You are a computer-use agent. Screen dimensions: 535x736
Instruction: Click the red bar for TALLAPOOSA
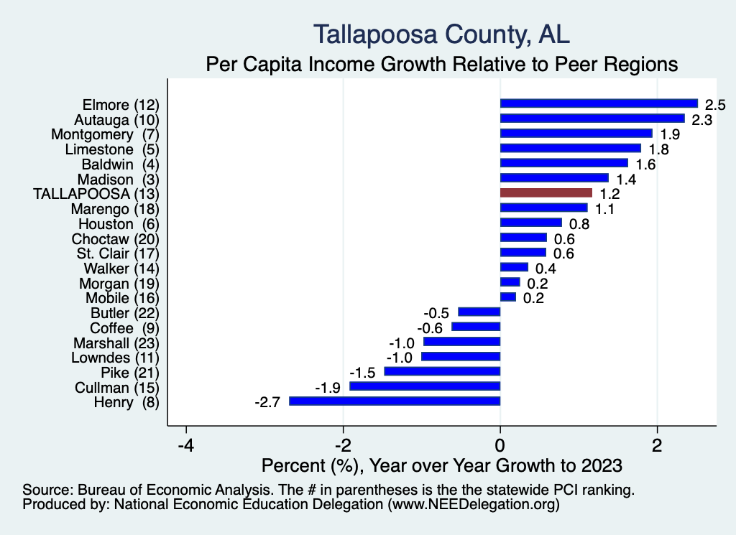[546, 192]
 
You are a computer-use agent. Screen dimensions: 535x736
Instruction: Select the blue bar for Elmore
[599, 103]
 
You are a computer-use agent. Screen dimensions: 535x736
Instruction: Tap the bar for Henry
[395, 401]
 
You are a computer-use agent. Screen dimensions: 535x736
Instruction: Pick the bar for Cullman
[425, 386]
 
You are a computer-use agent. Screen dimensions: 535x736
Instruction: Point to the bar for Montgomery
[576, 133]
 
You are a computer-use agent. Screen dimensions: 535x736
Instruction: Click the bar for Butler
[479, 312]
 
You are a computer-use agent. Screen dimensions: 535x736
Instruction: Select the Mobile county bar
[508, 297]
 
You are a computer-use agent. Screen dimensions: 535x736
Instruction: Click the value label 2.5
[714, 105]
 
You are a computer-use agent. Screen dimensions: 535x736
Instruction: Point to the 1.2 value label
[609, 194]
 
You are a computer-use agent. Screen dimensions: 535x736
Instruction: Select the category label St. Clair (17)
[117, 253]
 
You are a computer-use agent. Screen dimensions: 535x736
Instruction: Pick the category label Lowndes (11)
[115, 357]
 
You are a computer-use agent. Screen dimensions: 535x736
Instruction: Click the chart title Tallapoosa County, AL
[442, 34]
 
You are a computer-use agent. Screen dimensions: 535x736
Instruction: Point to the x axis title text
[442, 465]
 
